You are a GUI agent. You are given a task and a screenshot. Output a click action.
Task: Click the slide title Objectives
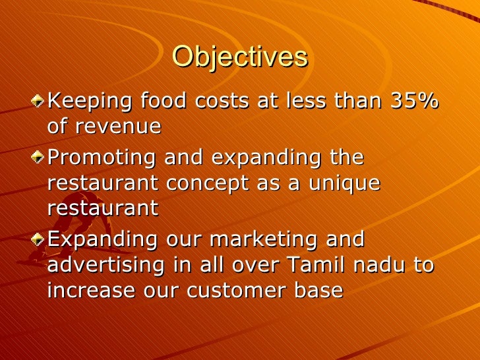[239, 57]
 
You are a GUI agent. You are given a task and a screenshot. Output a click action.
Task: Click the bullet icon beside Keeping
[42, 102]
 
